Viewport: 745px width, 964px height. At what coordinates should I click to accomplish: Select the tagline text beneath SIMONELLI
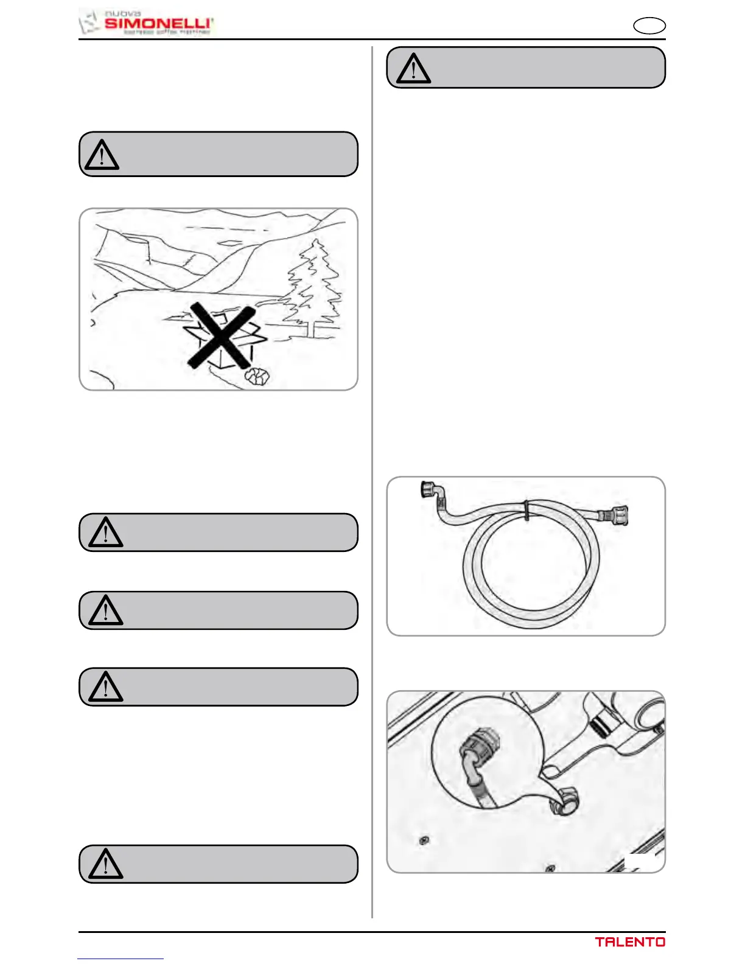167,32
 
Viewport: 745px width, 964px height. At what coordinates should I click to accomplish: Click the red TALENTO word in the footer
630,942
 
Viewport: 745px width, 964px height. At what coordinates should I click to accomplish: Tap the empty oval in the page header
649,26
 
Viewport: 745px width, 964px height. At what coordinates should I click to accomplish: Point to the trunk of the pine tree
313,329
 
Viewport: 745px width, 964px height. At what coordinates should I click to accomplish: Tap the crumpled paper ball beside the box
257,377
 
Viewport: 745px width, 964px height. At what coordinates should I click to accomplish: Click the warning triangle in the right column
413,68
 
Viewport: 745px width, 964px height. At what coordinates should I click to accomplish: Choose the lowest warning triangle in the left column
106,864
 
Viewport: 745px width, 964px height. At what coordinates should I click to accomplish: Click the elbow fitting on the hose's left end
431,492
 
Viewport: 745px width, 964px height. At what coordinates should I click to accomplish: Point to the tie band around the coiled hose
526,510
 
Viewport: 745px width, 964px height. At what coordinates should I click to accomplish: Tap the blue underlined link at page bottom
121,959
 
